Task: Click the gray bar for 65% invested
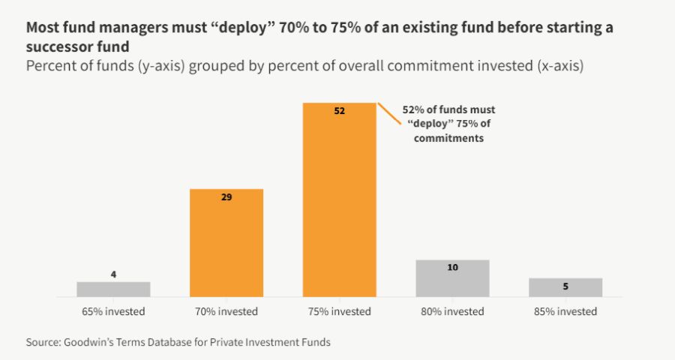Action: pyautogui.click(x=113, y=289)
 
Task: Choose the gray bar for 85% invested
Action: pyautogui.click(x=565, y=288)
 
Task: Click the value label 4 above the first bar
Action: pyautogui.click(x=113, y=274)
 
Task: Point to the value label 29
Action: pyautogui.click(x=226, y=198)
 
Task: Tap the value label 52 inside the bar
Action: pyautogui.click(x=339, y=111)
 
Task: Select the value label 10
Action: pyautogui.click(x=452, y=267)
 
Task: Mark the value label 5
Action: pyautogui.click(x=565, y=286)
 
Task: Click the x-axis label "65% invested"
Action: pyautogui.click(x=113, y=311)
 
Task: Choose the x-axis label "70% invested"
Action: pyautogui.click(x=226, y=311)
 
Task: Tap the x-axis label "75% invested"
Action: pyautogui.click(x=339, y=311)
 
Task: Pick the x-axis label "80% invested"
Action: pyautogui.click(x=452, y=311)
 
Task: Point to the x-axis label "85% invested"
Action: pyautogui.click(x=565, y=311)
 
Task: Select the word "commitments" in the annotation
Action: pyautogui.click(x=448, y=139)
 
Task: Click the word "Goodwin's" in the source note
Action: pyautogui.click(x=93, y=342)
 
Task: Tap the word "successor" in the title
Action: pyautogui.click(x=59, y=46)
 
